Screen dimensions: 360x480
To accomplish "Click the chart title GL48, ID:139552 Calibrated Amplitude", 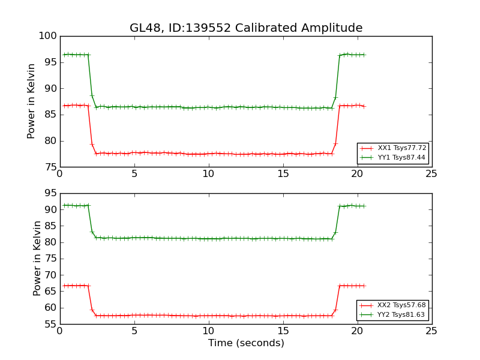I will [x=246, y=28].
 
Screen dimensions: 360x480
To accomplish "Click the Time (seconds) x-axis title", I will [x=246, y=343].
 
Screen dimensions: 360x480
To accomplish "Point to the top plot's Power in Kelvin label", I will [x=32, y=101].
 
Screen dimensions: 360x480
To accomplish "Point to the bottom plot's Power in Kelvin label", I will [x=37, y=258].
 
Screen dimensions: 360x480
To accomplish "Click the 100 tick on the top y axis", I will [x=50, y=36].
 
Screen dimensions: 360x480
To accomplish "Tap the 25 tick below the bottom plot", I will [x=431, y=331].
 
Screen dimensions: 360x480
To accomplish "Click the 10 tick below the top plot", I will [x=208, y=173].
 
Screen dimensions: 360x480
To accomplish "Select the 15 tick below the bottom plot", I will [x=283, y=331].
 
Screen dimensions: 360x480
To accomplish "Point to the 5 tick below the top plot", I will [x=134, y=173].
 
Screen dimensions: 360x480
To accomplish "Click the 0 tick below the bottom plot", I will [x=59, y=331].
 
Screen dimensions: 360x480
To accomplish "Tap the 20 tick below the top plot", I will [x=357, y=173].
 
